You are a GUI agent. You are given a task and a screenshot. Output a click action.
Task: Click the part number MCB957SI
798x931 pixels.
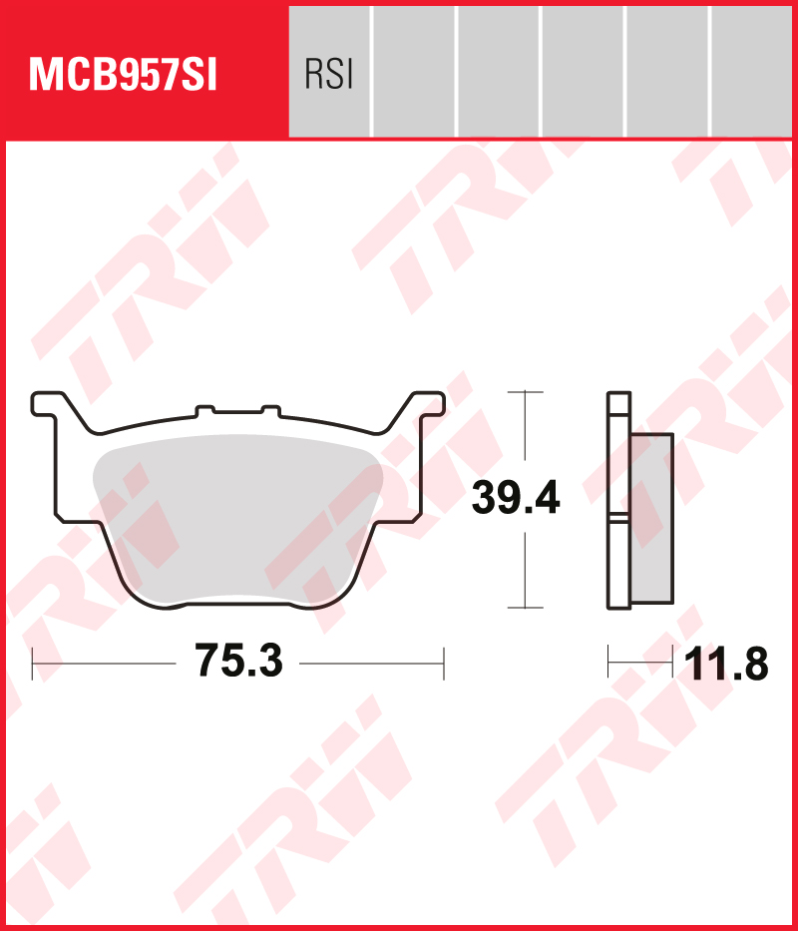coord(124,76)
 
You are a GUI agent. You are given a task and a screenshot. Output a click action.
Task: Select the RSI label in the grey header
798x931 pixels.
coord(328,76)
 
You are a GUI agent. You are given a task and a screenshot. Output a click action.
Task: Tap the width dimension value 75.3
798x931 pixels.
coord(238,662)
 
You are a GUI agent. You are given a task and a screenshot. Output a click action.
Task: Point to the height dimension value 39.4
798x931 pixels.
coord(516,498)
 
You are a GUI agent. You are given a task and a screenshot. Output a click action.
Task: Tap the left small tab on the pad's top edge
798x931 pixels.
coord(205,409)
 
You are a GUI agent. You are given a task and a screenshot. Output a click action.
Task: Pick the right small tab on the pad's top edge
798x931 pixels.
coord(270,409)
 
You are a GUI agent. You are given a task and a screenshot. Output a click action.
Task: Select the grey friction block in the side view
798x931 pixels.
coord(651,518)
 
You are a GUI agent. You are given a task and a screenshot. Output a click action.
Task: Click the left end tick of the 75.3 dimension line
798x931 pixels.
coord(33,662)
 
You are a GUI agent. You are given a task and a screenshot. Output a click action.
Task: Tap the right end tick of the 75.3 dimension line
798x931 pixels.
coord(444,662)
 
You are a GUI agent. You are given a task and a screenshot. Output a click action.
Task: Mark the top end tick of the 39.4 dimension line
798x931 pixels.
coord(525,392)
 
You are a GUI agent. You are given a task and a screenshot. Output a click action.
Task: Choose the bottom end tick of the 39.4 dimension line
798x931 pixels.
coord(525,607)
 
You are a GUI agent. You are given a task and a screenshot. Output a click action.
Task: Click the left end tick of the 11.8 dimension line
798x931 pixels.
coord(608,661)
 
